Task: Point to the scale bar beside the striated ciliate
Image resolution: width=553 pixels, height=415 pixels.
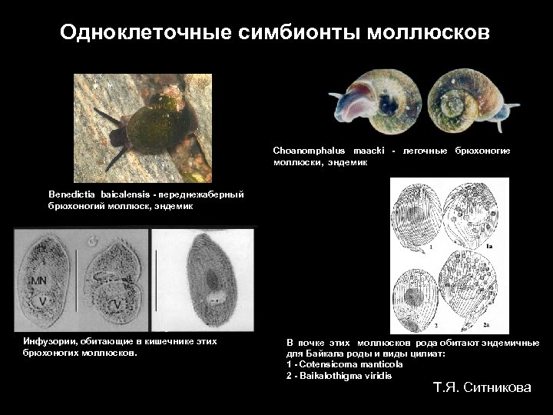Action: coord(157,281)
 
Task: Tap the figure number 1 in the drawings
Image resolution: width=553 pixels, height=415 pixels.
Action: coord(431,248)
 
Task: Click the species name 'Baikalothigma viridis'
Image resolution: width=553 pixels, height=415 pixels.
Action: coord(345,375)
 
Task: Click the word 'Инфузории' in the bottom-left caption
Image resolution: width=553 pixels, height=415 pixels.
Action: coord(50,340)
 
